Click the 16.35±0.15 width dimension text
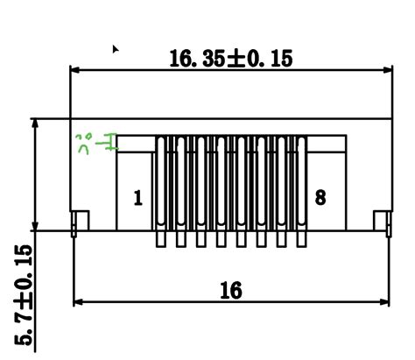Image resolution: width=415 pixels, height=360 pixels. coord(231,59)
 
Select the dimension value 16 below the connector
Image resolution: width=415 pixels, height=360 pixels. coord(230,290)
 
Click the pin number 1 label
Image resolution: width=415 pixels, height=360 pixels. coord(137,198)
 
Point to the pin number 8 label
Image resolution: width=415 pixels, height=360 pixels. coord(320,198)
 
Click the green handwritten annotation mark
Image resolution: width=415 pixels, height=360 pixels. coord(95,141)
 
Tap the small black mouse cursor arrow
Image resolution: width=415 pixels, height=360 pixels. coord(115,49)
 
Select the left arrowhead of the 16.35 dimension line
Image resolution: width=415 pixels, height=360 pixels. coord(76,69)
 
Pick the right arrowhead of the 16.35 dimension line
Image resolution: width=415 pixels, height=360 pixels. coord(386,69)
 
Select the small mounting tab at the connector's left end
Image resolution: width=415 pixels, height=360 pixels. coord(80,221)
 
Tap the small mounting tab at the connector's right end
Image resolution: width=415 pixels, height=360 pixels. coord(382,221)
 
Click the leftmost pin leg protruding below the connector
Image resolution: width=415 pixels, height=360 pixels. coord(161,238)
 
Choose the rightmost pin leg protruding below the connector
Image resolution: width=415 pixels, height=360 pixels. coord(303,238)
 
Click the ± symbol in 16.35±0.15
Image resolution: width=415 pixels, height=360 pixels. coord(238,59)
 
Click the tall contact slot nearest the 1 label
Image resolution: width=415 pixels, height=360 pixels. coord(161,184)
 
